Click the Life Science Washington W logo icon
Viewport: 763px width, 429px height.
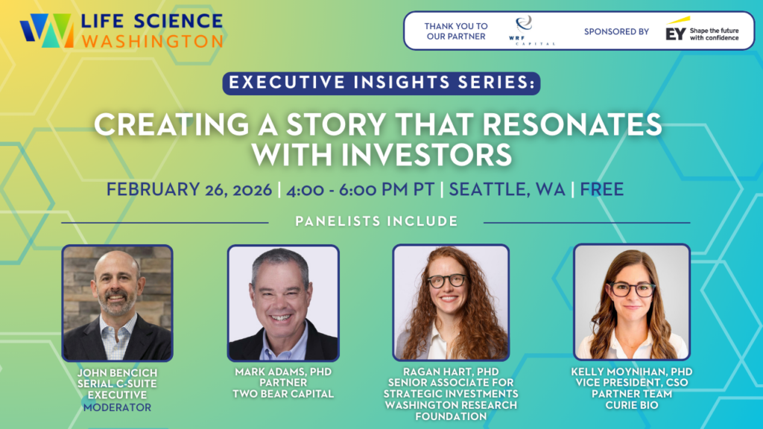47,30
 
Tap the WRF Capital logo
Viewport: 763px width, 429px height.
533,30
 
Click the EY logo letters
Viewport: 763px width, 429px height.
675,34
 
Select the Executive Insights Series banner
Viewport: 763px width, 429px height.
381,83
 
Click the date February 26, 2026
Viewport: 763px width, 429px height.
189,189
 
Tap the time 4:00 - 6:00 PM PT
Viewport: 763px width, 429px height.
360,189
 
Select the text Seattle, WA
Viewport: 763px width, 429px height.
507,189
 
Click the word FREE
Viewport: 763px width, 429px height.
602,189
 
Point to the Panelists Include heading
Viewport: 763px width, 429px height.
376,221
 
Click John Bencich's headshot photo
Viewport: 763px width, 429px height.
117,303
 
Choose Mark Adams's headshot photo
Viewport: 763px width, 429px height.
283,303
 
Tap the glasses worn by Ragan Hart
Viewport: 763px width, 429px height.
447,281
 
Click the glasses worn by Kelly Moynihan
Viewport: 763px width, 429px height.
632,290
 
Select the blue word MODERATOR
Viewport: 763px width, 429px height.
117,407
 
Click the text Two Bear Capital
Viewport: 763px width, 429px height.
283,394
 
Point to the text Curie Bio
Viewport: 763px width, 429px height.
632,405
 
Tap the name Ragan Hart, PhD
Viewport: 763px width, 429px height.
451,372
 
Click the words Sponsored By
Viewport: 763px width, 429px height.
616,31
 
